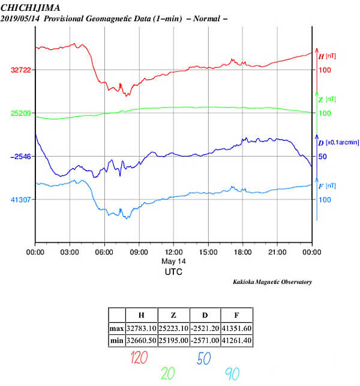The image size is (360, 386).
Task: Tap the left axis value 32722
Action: click(x=22, y=70)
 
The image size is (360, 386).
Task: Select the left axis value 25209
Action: click(x=22, y=113)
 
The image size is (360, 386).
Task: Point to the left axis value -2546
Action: click(x=21, y=157)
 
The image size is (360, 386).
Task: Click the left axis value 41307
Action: click(x=22, y=200)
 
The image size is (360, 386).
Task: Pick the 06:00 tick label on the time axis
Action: click(x=104, y=252)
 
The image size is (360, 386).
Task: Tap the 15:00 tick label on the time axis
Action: click(x=208, y=252)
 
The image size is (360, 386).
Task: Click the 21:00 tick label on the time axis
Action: click(x=277, y=252)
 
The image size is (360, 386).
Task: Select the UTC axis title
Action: click(x=173, y=272)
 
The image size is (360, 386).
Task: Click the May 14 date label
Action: click(x=173, y=262)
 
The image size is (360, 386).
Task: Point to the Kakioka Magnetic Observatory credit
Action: click(x=272, y=282)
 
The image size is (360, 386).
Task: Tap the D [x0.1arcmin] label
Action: click(x=337, y=142)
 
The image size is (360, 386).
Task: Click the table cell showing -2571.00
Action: click(x=205, y=342)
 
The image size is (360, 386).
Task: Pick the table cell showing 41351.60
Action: click(x=236, y=328)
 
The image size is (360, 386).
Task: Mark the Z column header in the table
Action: click(x=173, y=315)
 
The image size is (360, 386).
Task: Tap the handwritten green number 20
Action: click(x=169, y=374)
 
